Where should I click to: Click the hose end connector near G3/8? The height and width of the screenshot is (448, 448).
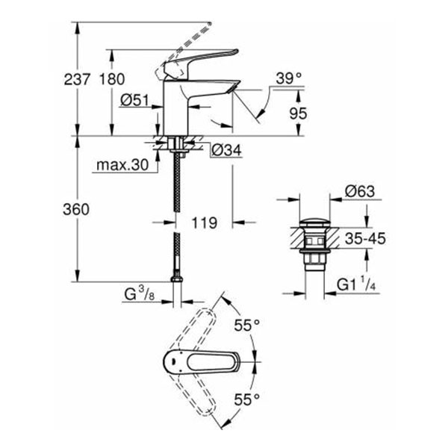point(177,281)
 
